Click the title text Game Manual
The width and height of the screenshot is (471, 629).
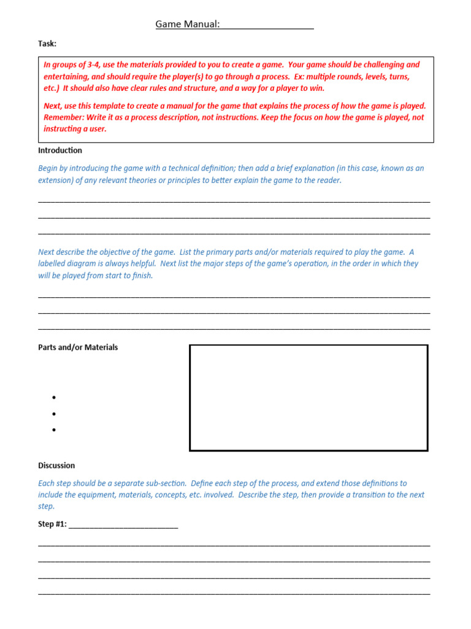coord(187,24)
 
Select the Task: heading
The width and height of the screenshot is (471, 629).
coord(47,44)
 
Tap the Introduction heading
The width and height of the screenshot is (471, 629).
coord(59,150)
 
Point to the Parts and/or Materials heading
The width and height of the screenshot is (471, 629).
coord(78,347)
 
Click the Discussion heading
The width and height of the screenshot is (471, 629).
coord(56,466)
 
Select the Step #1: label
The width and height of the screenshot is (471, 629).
coord(52,524)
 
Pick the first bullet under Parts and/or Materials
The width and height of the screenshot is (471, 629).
coord(55,398)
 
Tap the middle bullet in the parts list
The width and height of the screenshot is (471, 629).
coord(55,414)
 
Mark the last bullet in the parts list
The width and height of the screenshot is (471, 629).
coord(55,430)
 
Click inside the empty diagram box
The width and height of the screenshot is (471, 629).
coord(308,397)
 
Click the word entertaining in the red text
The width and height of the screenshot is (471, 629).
coord(67,77)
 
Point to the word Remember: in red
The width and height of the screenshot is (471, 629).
coord(64,117)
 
